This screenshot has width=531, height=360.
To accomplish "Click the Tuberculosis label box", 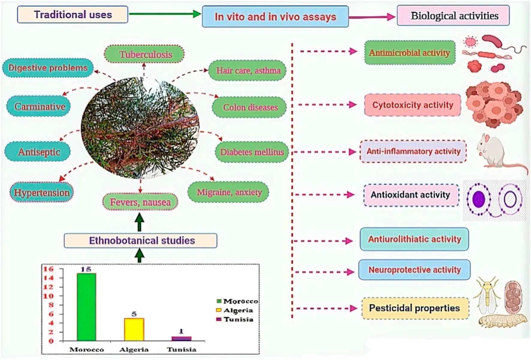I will [x=144, y=54].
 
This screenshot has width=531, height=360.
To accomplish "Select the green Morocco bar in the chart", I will [x=86, y=307].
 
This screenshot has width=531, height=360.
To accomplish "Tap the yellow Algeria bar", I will [x=134, y=329].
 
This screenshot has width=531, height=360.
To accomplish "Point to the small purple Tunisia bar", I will [x=181, y=339].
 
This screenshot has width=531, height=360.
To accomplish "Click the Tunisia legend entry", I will [x=235, y=320].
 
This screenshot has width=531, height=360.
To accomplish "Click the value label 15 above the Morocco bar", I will [x=86, y=269].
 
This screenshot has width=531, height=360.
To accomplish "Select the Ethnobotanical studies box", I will [x=141, y=240].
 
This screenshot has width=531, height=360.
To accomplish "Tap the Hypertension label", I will [x=42, y=192].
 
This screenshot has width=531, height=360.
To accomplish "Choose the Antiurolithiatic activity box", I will [x=414, y=239].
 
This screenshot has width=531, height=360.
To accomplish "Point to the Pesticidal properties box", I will [x=415, y=308].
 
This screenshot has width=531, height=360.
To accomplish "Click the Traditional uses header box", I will [x=73, y=15].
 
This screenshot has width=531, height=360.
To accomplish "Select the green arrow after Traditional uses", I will [x=165, y=14].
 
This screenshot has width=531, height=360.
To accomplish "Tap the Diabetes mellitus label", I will [x=252, y=152].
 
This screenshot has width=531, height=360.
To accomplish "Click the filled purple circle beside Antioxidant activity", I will [x=479, y=199].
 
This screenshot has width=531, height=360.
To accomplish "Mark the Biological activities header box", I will [x=453, y=16].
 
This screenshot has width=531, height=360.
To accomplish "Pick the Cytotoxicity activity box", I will [x=413, y=105].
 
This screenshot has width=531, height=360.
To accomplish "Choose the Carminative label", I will [x=39, y=106].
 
